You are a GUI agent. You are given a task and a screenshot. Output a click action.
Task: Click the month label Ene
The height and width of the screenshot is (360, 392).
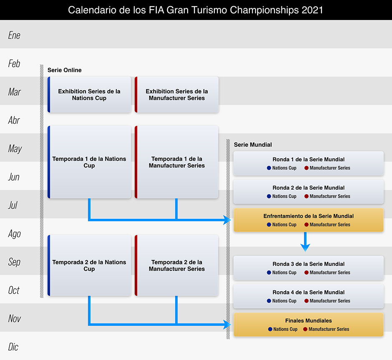[14, 35]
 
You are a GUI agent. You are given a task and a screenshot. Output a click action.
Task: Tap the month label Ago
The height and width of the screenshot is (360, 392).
[14, 233]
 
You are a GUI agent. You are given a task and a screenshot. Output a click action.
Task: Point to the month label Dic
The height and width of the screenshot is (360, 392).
[13, 347]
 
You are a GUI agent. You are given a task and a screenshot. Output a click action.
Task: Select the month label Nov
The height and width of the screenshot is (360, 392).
[14, 318]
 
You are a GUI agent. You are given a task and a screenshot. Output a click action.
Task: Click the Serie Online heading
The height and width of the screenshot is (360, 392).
[64, 70]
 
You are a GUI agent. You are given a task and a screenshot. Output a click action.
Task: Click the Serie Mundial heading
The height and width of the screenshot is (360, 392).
[253, 145]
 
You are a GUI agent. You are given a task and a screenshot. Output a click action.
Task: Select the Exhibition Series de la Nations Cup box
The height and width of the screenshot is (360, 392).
[89, 95]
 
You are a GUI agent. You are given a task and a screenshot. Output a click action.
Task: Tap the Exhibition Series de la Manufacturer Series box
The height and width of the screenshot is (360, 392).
[177, 95]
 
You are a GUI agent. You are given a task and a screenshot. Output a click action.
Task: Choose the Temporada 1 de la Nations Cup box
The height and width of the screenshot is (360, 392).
[89, 162]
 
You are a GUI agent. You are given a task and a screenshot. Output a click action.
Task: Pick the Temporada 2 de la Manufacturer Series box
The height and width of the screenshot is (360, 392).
[177, 265]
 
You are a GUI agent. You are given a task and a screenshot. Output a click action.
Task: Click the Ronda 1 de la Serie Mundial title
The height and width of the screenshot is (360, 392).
[309, 159]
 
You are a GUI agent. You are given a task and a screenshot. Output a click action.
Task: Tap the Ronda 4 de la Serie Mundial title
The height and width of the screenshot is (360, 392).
[309, 292]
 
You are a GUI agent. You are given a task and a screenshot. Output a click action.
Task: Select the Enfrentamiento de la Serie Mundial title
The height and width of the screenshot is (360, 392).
[309, 216]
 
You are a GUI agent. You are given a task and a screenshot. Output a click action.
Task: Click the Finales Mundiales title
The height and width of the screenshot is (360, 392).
[309, 320]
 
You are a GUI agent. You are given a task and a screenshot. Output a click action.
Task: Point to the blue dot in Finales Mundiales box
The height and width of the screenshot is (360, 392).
[270, 329]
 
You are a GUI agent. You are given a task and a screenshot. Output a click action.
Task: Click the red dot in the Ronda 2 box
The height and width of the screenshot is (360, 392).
[307, 196]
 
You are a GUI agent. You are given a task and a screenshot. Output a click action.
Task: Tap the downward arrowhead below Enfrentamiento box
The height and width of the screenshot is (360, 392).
[305, 247]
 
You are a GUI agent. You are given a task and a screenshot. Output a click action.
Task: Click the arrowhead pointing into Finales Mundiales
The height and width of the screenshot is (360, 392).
[228, 324]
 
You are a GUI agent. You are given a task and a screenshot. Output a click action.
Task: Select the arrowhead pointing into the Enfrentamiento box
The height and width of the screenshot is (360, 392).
[228, 220]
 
